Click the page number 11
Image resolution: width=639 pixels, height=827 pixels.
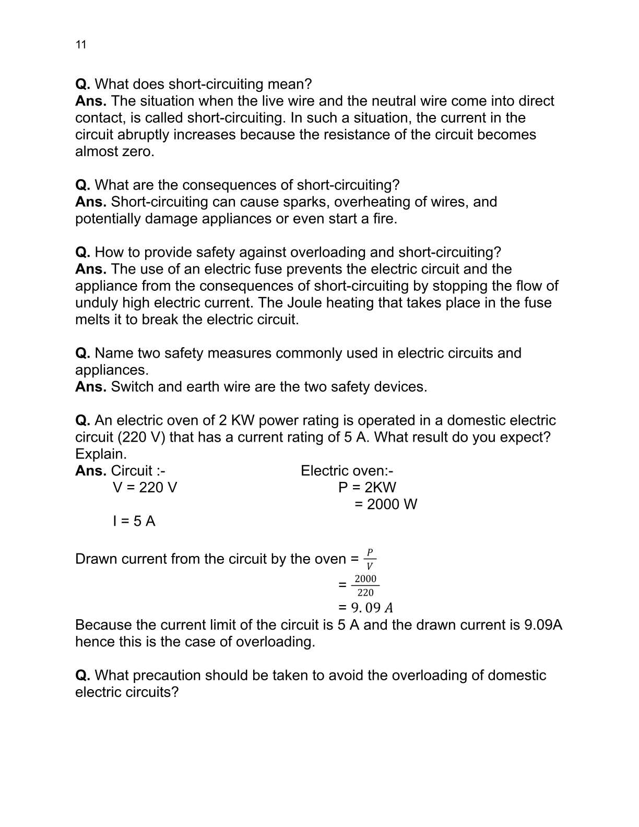pyautogui.click(x=81, y=45)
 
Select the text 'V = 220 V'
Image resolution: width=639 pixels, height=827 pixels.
pyautogui.click(x=145, y=488)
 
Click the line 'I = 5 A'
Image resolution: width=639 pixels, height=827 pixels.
pyautogui.click(x=134, y=521)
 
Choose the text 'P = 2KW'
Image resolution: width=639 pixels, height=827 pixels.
pyautogui.click(x=367, y=488)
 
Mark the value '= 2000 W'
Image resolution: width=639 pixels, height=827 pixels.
pyautogui.click(x=385, y=504)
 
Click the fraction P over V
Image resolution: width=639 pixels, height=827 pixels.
pyautogui.click(x=370, y=559)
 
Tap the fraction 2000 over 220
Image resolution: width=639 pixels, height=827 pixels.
pyautogui.click(x=365, y=585)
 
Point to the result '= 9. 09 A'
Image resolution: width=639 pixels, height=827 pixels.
pyautogui.click(x=365, y=608)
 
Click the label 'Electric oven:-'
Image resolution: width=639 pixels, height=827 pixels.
pyautogui.click(x=347, y=471)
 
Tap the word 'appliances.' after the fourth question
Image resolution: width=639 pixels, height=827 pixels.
pyautogui.click(x=112, y=370)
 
